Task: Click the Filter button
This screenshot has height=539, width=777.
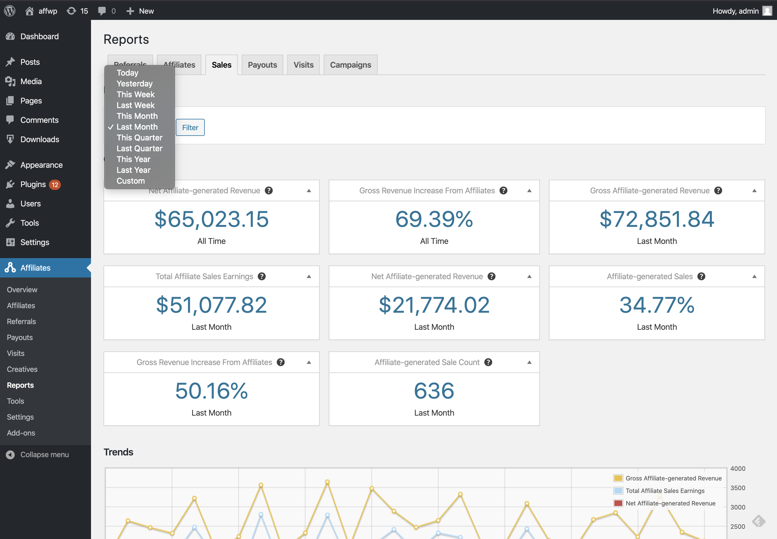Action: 190,127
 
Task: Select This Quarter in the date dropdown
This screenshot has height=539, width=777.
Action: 139,138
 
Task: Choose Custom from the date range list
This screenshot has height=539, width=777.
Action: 131,181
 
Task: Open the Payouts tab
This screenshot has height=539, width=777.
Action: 262,65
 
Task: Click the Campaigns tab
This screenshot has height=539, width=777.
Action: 350,65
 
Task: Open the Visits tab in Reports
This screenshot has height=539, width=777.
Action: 303,65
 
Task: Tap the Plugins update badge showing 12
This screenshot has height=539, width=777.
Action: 55,185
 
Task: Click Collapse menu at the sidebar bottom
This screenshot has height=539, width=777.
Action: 44,455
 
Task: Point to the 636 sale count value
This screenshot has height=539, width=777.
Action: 434,391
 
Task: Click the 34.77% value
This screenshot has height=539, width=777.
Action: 657,305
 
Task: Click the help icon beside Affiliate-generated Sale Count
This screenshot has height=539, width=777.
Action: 488,362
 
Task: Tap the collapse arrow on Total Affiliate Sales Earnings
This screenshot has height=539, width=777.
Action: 309,276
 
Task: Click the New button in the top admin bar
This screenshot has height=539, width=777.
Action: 140,11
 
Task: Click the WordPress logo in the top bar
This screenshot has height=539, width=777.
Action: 10,11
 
